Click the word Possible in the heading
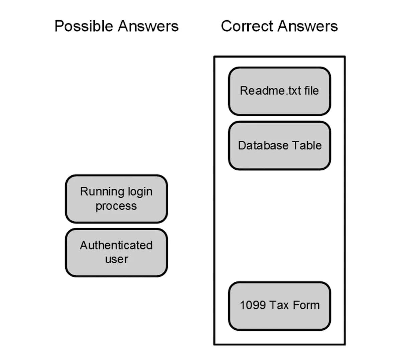pos(84,26)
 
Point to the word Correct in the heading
pos(247,26)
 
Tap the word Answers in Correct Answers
pos(308,26)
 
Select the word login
pos(140,192)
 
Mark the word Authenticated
pos(116,245)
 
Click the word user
pos(116,259)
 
